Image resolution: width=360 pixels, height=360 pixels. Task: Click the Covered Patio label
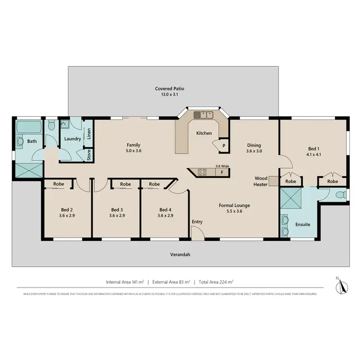point(169,88)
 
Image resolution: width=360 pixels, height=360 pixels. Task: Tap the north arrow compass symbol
point(342,287)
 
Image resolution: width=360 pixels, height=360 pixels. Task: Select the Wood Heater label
point(261,181)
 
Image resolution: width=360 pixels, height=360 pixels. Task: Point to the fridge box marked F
point(222,171)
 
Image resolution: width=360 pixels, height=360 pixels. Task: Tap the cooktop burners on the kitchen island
point(202,171)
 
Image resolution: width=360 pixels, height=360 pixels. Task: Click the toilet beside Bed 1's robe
point(340,195)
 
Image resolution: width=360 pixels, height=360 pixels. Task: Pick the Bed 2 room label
point(67,209)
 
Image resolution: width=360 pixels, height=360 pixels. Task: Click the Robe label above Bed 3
point(125,184)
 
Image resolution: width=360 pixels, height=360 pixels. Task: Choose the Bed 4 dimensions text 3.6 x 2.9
point(165,216)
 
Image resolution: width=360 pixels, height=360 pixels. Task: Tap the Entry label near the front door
point(197,221)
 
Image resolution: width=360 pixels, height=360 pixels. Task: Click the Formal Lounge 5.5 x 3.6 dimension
point(234,211)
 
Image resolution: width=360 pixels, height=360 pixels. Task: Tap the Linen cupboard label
point(89,134)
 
